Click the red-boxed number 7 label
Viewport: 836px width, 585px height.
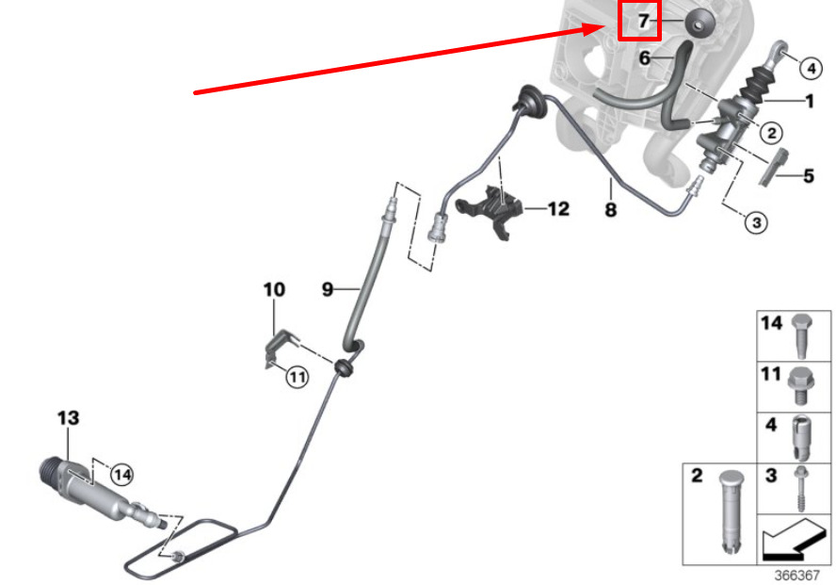click(639, 21)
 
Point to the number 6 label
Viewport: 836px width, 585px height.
click(645, 57)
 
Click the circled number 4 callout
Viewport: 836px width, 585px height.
click(811, 67)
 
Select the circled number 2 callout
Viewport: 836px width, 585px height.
click(770, 134)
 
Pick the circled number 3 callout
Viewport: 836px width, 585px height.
click(757, 222)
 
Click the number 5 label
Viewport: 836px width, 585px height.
click(809, 175)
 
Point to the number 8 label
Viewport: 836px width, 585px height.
click(611, 211)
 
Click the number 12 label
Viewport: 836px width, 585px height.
click(558, 208)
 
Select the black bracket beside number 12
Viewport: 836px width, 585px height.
click(494, 210)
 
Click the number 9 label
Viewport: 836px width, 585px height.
click(328, 289)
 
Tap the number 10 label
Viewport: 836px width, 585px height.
click(273, 289)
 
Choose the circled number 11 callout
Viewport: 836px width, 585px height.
click(297, 378)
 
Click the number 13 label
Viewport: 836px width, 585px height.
click(68, 417)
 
